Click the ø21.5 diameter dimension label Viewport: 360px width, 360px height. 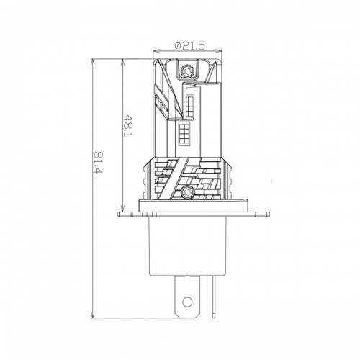click(x=190, y=45)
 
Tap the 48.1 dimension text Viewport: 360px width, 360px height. click(x=129, y=125)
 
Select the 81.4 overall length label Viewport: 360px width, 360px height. click(x=99, y=163)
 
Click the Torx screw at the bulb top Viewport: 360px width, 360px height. click(x=186, y=71)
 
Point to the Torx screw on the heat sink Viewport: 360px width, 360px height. click(x=186, y=192)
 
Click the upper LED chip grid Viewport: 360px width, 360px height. click(x=189, y=105)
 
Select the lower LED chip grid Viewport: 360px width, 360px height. click(x=185, y=134)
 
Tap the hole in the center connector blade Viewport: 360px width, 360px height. click(x=187, y=302)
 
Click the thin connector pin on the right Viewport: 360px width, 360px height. click(x=214, y=297)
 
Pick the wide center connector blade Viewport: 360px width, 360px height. click(x=187, y=297)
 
